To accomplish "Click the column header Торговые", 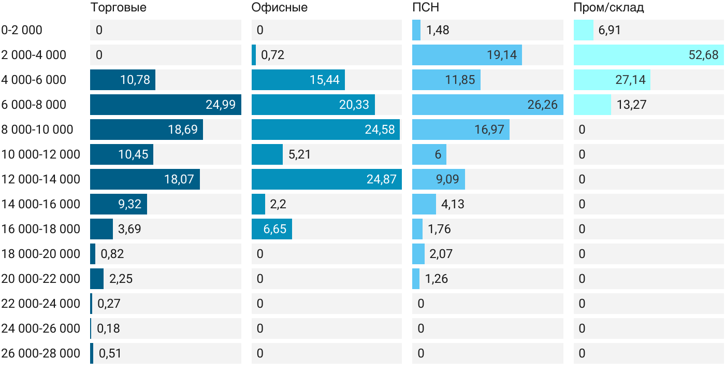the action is [x=118, y=7].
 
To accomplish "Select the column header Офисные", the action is [x=279, y=7].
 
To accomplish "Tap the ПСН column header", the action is [x=426, y=7].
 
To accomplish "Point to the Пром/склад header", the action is [x=608, y=7].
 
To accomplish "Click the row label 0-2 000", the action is [x=22, y=30].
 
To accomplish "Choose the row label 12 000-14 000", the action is [x=40, y=179].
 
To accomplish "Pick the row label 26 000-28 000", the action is [x=40, y=353].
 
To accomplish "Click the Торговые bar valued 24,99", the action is [x=166, y=105].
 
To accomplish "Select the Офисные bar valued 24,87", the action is [x=327, y=179].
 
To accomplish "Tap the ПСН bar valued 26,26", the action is [x=488, y=105].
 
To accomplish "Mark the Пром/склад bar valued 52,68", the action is [x=648, y=55].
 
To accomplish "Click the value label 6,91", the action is [x=610, y=30].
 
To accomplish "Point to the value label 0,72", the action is [x=272, y=55].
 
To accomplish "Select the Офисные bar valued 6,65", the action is [x=272, y=229].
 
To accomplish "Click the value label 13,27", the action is [x=631, y=105].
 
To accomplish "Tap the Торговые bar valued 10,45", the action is [x=122, y=154].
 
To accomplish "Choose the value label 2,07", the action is [x=441, y=254].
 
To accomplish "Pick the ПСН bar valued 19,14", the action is [x=467, y=55].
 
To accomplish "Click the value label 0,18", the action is [x=108, y=328].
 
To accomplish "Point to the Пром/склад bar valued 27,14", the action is [x=612, y=80].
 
